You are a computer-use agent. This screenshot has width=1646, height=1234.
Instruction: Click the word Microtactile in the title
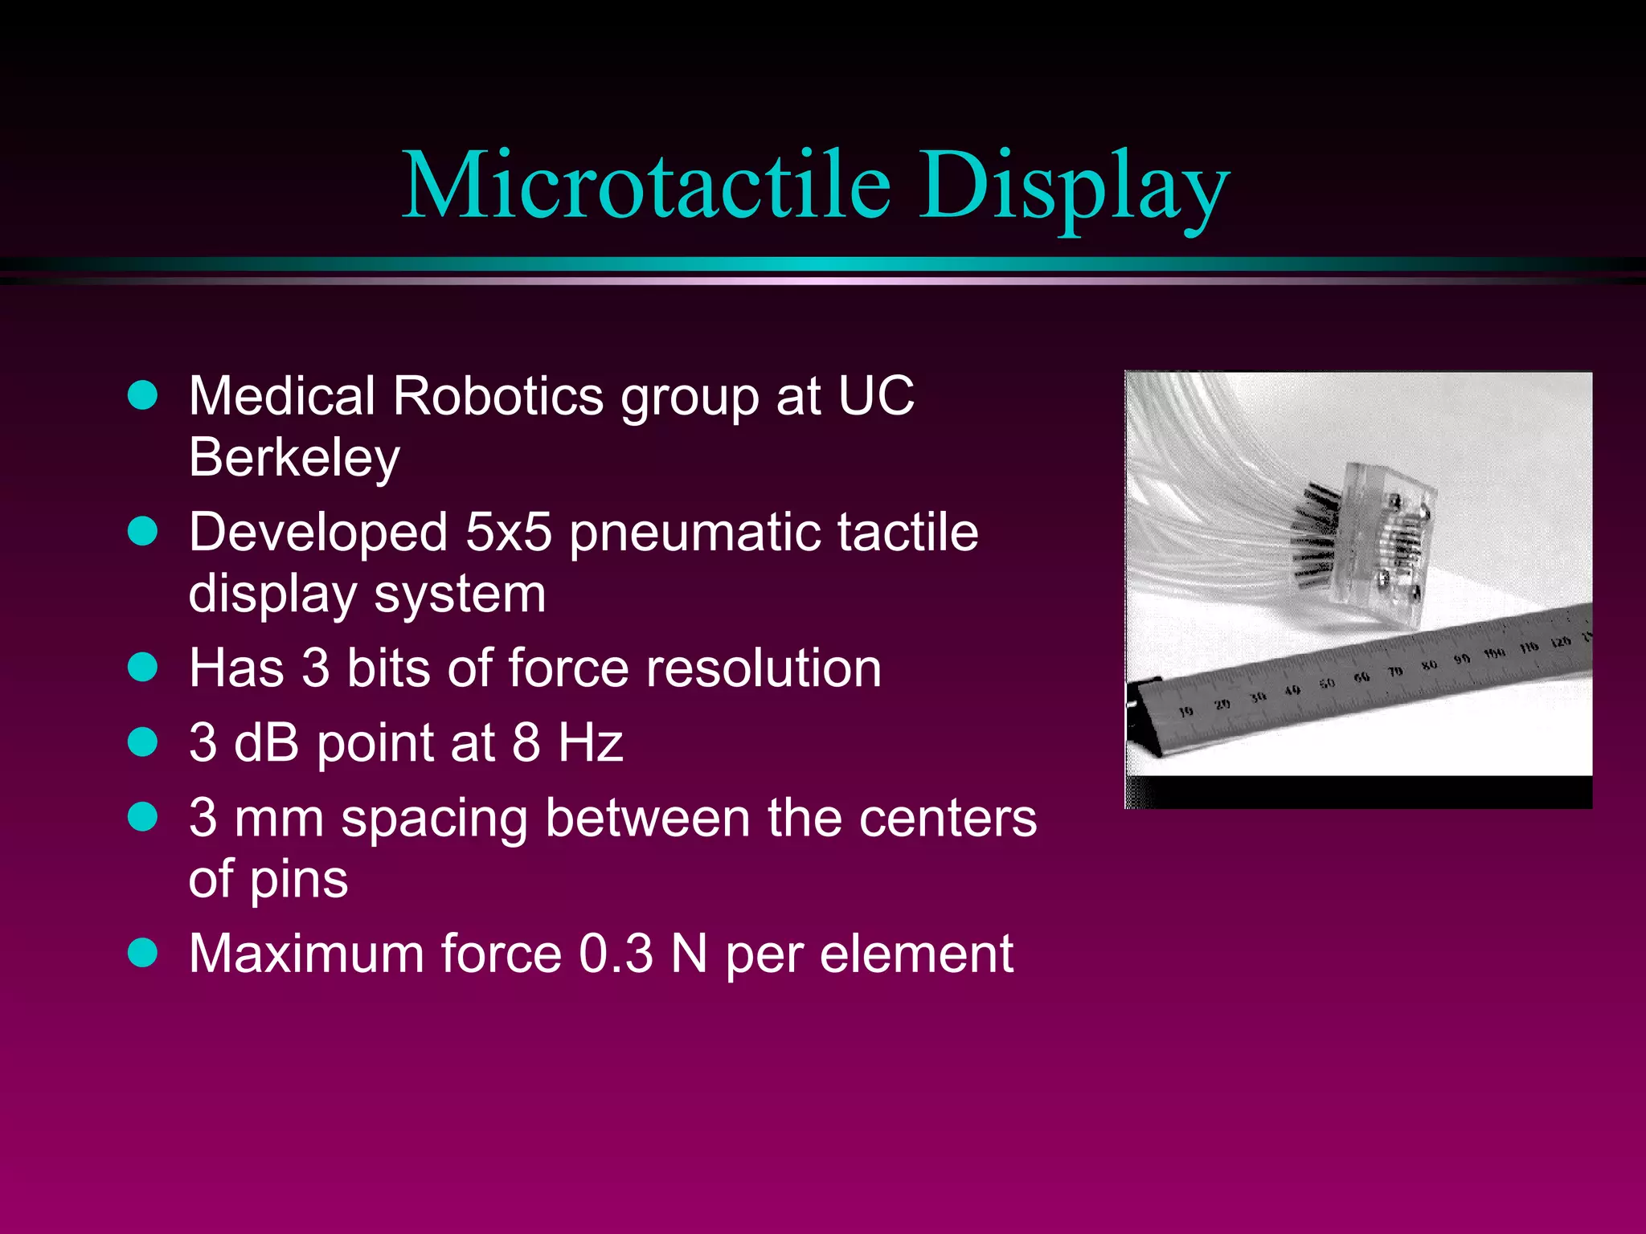(646, 186)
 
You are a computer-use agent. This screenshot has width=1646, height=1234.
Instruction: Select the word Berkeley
(294, 458)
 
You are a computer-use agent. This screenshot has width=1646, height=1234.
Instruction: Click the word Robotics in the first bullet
(498, 396)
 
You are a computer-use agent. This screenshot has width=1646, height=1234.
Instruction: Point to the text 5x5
(508, 533)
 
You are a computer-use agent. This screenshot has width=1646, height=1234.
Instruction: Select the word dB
(267, 742)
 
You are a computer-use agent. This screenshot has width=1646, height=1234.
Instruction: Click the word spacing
(434, 820)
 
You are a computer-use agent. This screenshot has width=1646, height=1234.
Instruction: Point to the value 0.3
(616, 954)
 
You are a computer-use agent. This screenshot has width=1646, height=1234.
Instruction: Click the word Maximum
(306, 954)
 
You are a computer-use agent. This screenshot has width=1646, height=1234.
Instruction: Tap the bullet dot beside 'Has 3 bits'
(143, 668)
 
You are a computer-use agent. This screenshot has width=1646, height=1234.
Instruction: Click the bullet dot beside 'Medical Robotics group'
(143, 395)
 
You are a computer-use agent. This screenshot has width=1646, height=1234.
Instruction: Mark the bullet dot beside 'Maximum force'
(143, 954)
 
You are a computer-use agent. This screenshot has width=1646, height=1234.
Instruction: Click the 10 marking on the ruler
(1185, 711)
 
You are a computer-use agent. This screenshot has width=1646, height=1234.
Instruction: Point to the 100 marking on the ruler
(1494, 653)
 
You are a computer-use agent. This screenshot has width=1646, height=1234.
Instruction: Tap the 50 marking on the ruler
(1327, 684)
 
